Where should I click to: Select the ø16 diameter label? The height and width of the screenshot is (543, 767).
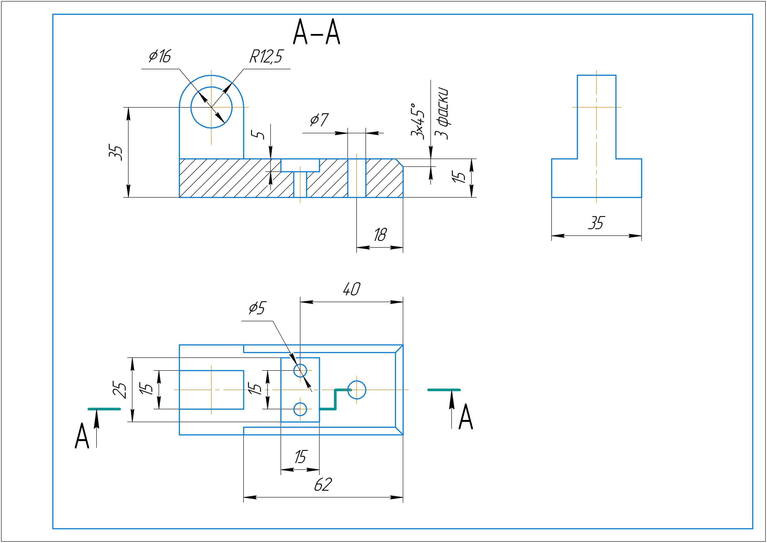pos(160,56)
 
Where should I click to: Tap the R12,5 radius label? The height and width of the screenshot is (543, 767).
pos(266,56)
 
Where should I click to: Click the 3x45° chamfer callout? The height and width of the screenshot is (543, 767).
pos(418,121)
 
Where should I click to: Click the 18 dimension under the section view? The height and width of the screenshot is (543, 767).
pos(380,235)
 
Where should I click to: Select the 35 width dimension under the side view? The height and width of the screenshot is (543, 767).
pos(596,223)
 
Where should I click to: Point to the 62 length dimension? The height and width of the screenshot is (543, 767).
pos(323,484)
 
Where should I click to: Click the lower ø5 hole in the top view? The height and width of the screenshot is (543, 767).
pos(300,409)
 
